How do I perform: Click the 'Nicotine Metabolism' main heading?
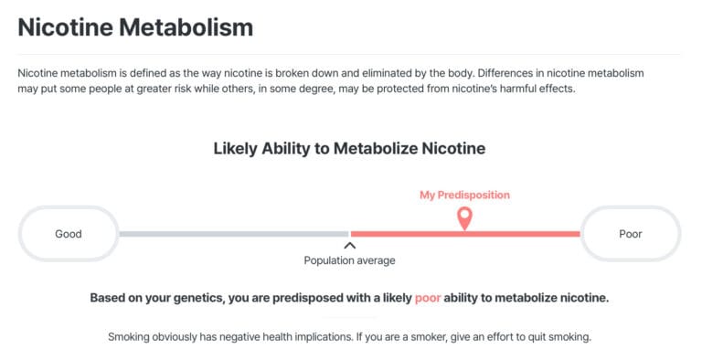pos(135,26)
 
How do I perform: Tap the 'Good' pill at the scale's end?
pos(69,234)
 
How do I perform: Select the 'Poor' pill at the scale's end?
pos(631,234)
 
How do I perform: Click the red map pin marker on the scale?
pos(464,217)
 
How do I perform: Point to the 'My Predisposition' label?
pos(464,195)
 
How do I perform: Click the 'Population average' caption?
pos(349,260)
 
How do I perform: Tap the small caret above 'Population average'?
pos(349,245)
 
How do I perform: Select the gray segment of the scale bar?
pos(233,234)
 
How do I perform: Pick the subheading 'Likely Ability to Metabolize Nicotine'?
pos(349,148)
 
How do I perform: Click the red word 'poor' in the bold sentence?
pos(428,298)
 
